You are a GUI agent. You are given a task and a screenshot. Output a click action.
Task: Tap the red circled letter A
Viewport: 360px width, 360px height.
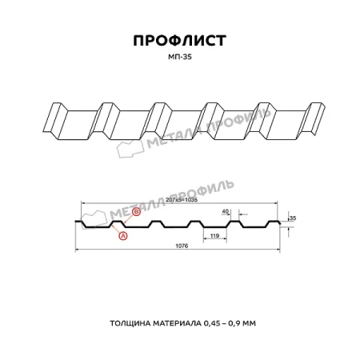pyautogui.click(x=122, y=237)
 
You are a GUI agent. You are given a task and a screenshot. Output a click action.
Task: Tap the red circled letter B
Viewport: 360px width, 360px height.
pyautogui.click(x=136, y=212)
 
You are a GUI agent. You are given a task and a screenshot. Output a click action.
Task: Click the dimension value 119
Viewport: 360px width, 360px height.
pyautogui.click(x=213, y=236)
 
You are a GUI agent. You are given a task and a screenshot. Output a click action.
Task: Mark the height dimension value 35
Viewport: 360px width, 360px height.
pyautogui.click(x=292, y=218)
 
